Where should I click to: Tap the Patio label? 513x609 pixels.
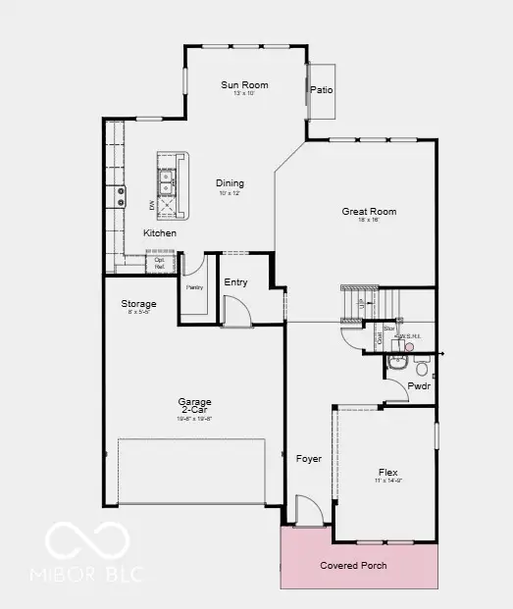[322, 90]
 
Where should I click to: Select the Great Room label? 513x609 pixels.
[369, 211]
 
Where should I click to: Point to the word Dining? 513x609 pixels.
[230, 183]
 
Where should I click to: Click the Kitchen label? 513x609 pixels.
[160, 233]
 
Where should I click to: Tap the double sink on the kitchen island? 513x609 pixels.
[167, 180]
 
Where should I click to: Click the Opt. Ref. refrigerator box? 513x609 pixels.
[159, 263]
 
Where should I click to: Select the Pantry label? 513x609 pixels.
[194, 287]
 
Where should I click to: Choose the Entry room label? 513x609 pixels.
[235, 282]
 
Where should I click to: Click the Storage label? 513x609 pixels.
[138, 304]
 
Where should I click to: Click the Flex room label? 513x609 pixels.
[388, 471]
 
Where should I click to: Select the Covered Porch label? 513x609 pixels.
[353, 566]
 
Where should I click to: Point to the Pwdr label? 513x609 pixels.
[419, 386]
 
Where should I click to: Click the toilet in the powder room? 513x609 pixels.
[422, 368]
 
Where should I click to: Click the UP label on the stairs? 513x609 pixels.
[362, 304]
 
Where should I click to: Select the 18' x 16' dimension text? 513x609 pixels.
[369, 220]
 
